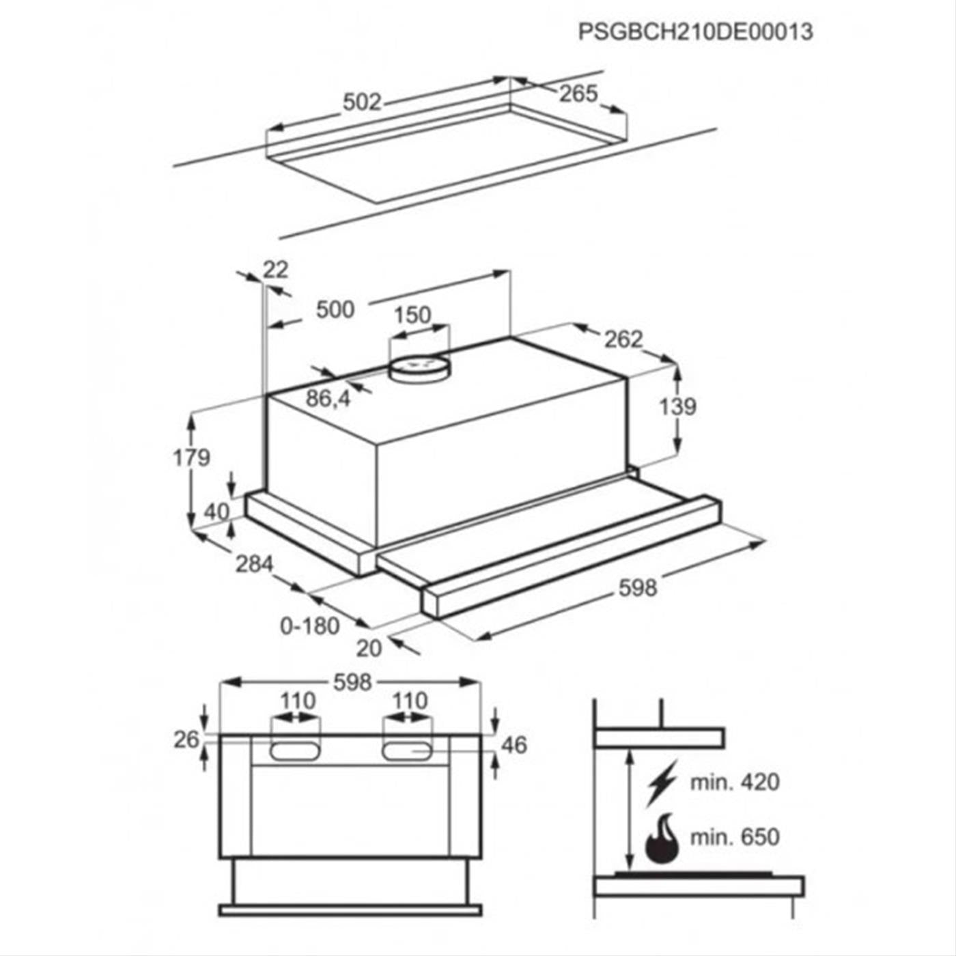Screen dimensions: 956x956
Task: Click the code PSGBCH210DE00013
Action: [x=696, y=32]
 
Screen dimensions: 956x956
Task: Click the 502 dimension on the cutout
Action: [x=362, y=102]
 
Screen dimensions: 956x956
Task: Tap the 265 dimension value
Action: [x=579, y=94]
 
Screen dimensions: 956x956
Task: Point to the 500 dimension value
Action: [x=335, y=309]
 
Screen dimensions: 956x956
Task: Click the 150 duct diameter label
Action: [x=412, y=315]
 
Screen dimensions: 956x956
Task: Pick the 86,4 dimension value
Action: [x=328, y=398]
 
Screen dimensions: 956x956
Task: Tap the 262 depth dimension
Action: [x=623, y=339]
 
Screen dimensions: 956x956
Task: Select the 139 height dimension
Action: [x=677, y=407]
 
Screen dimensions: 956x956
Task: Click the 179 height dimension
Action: [x=191, y=457]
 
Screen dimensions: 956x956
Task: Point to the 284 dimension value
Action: [x=254, y=564]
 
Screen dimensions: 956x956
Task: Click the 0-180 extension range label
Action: [x=310, y=627]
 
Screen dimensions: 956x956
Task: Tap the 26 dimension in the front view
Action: [x=186, y=740]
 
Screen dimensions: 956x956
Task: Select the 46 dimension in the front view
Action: [x=514, y=745]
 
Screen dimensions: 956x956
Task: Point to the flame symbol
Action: [x=661, y=837]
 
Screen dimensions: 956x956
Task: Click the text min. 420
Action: [x=735, y=783]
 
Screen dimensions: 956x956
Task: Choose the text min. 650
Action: [x=735, y=837]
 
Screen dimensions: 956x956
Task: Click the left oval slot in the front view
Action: [x=294, y=750]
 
